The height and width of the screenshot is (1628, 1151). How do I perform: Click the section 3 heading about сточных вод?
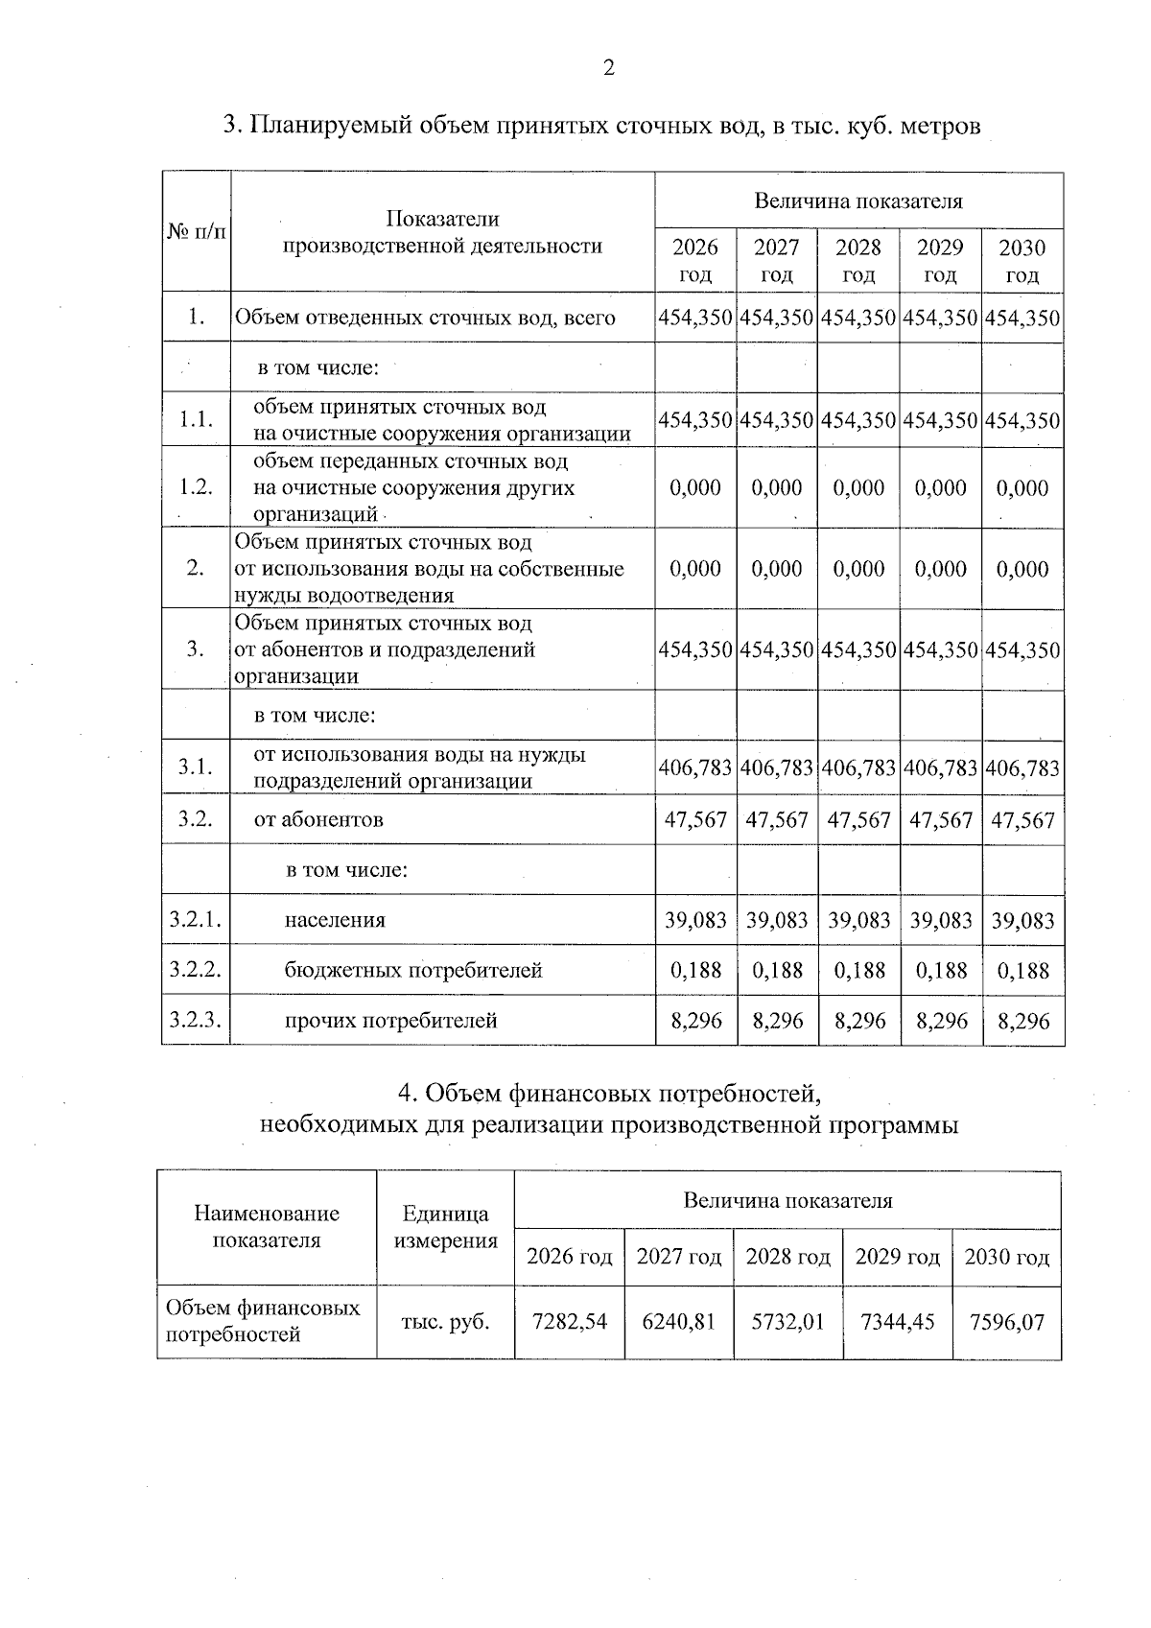[x=601, y=126]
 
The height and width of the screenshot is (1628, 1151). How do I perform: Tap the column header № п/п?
[x=197, y=231]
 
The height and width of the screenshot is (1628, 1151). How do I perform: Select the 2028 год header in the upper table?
[x=858, y=261]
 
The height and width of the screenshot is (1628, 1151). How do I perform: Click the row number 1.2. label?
[x=196, y=486]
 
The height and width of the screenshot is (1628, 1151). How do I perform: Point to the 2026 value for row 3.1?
[x=695, y=767]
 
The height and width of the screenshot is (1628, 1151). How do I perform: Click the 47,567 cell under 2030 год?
[x=1022, y=820]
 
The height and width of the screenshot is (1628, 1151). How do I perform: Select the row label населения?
[x=335, y=920]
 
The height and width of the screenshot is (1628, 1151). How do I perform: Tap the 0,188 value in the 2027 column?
[x=777, y=970]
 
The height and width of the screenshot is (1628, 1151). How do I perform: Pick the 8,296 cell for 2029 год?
[x=941, y=1021]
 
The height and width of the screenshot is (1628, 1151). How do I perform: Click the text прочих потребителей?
[x=390, y=1021]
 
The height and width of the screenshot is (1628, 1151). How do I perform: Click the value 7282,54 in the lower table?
[x=570, y=1322]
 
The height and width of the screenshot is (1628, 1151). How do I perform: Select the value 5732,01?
[x=788, y=1322]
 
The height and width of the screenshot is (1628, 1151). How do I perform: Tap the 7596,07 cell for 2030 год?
[x=1006, y=1322]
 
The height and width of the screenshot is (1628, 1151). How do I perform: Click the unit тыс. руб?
[x=445, y=1322]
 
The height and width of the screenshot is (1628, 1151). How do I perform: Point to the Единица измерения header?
[x=445, y=1227]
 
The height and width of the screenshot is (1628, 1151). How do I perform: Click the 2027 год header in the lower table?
[x=679, y=1257]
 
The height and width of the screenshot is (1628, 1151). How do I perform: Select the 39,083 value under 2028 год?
[x=858, y=920]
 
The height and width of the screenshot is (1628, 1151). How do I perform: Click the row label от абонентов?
[x=318, y=819]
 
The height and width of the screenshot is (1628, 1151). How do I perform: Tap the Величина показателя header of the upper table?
[x=857, y=201]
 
